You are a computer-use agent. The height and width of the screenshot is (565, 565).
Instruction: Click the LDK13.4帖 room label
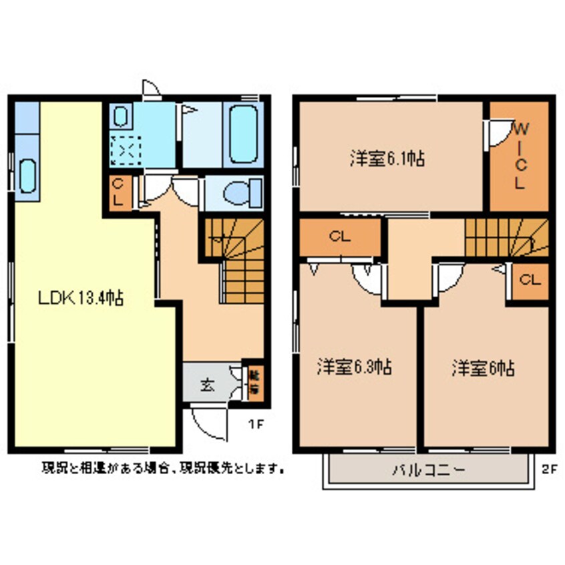tap(79, 298)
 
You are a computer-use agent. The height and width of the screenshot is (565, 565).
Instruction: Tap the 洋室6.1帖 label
tap(388, 158)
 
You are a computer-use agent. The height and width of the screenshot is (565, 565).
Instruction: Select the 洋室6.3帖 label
tap(354, 367)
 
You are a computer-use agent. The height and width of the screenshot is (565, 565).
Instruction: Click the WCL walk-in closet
tap(519, 155)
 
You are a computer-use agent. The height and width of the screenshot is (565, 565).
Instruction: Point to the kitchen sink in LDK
tap(27, 175)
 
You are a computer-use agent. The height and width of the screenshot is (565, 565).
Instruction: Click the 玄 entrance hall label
tap(207, 384)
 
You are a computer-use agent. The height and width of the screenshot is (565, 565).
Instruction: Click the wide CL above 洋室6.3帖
tap(339, 236)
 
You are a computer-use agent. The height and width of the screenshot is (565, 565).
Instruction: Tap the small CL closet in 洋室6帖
tap(530, 280)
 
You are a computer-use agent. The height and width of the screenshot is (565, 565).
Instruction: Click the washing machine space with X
tap(122, 150)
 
